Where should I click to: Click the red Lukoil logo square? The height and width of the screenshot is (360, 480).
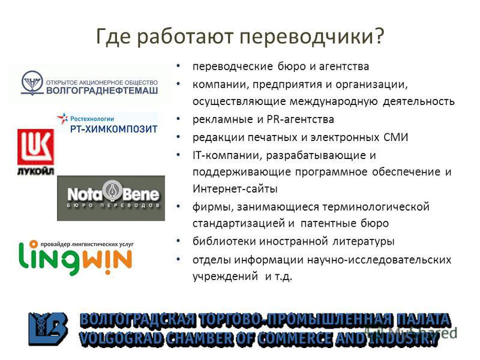click(x=36, y=147)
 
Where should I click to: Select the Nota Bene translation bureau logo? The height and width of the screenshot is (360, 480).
click(x=111, y=198)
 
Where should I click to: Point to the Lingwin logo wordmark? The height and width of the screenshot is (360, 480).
click(x=76, y=258)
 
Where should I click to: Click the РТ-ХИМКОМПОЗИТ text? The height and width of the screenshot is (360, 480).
click(x=113, y=129)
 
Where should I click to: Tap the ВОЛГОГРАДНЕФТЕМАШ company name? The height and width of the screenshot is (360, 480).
click(x=102, y=91)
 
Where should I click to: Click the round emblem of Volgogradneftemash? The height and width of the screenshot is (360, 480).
click(x=32, y=83)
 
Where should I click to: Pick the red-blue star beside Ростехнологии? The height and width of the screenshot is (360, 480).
click(x=63, y=118)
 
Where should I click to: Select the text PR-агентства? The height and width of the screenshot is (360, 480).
click(x=301, y=119)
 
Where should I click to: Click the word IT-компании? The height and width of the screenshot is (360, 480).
click(x=227, y=155)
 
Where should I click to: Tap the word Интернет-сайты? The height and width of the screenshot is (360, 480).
click(x=235, y=188)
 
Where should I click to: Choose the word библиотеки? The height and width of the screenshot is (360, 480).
click(x=224, y=241)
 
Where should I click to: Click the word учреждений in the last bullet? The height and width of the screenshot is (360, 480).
click(x=226, y=276)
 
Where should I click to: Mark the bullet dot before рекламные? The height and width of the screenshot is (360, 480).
click(x=179, y=119)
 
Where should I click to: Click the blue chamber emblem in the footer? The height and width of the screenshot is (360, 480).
click(x=48, y=329)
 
